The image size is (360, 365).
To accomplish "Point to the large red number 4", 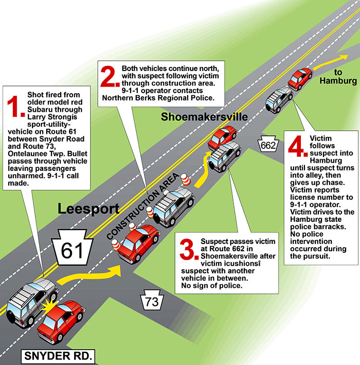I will [x=297, y=148].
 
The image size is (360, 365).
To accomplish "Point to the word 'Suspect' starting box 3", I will [x=214, y=241].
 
